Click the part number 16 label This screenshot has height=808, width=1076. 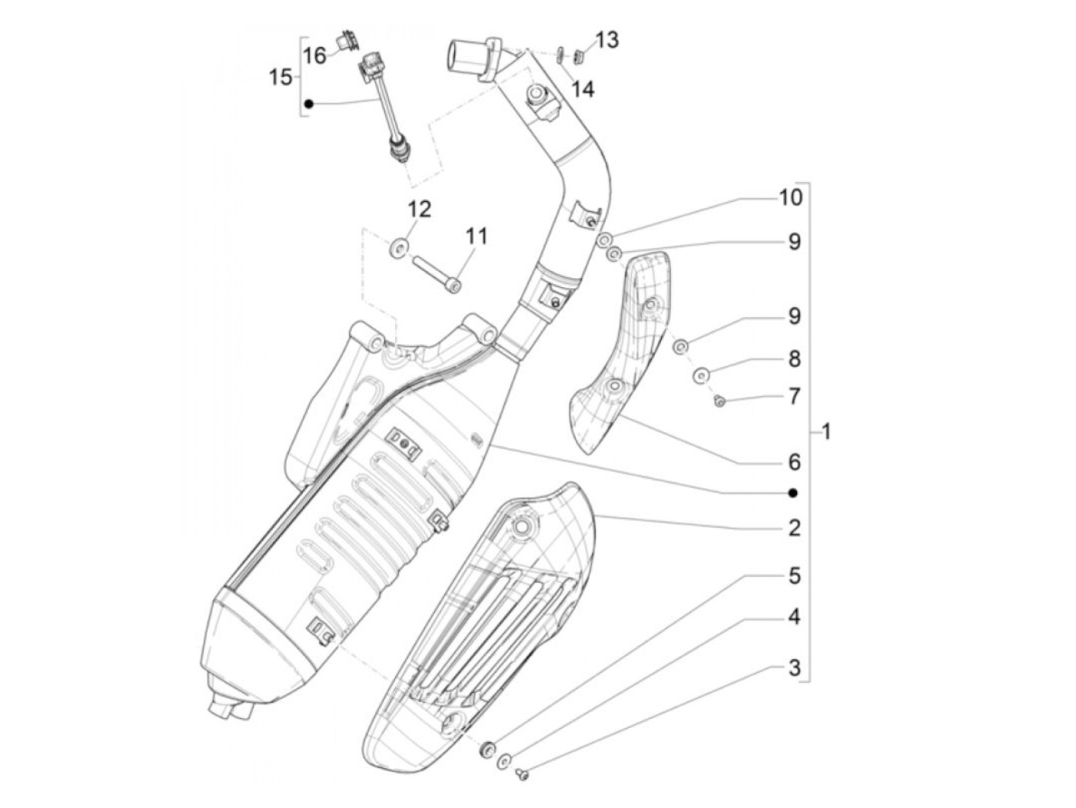(314, 55)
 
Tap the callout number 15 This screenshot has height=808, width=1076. (281, 77)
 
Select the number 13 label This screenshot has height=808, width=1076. (606, 40)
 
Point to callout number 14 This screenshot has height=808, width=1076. (583, 89)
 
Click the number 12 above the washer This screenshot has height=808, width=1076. (420, 209)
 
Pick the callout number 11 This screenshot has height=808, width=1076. (475, 236)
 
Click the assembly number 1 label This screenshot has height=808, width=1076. (825, 432)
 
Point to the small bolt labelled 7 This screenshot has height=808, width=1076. (720, 401)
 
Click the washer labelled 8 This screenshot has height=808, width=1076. (700, 376)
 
